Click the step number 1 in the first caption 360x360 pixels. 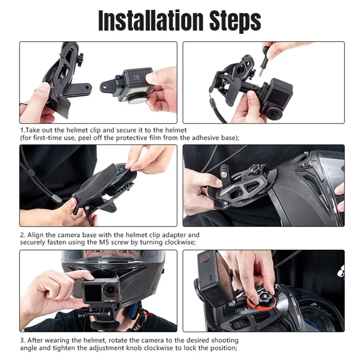point(21,130)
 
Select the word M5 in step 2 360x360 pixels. point(130,242)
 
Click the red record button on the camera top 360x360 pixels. point(206,258)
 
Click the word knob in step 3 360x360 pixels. point(134,347)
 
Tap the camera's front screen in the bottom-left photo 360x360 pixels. point(93,293)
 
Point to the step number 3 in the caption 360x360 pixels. point(21,340)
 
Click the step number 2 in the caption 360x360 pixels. point(21,235)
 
